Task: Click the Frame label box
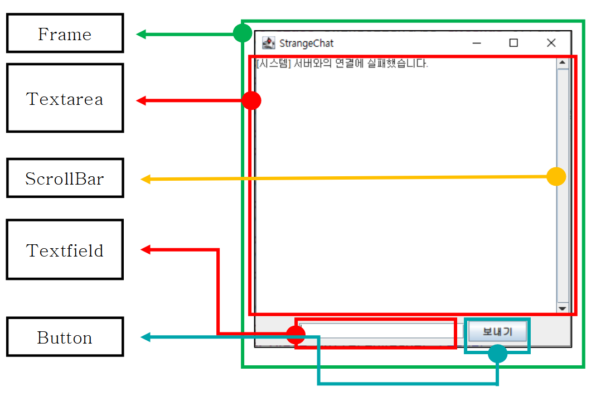pyautogui.click(x=65, y=34)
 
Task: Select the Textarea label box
pyautogui.click(x=65, y=98)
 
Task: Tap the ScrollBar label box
pyautogui.click(x=65, y=178)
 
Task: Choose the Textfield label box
pyautogui.click(x=65, y=250)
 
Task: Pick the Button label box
pyautogui.click(x=65, y=337)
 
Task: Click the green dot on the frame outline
pyautogui.click(x=242, y=33)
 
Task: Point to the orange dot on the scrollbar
pyautogui.click(x=556, y=176)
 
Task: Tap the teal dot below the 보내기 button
pyautogui.click(x=497, y=353)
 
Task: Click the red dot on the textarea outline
pyautogui.click(x=251, y=100)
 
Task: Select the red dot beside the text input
pyautogui.click(x=295, y=335)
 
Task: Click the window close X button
pyautogui.click(x=551, y=43)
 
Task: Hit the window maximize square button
pyautogui.click(x=514, y=43)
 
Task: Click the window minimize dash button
pyautogui.click(x=477, y=43)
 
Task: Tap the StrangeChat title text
pyautogui.click(x=306, y=43)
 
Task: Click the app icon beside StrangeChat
pyautogui.click(x=269, y=43)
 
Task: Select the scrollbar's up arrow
pyautogui.click(x=562, y=62)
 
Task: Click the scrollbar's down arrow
pyautogui.click(x=562, y=308)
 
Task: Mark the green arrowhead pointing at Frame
pyautogui.click(x=141, y=35)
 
